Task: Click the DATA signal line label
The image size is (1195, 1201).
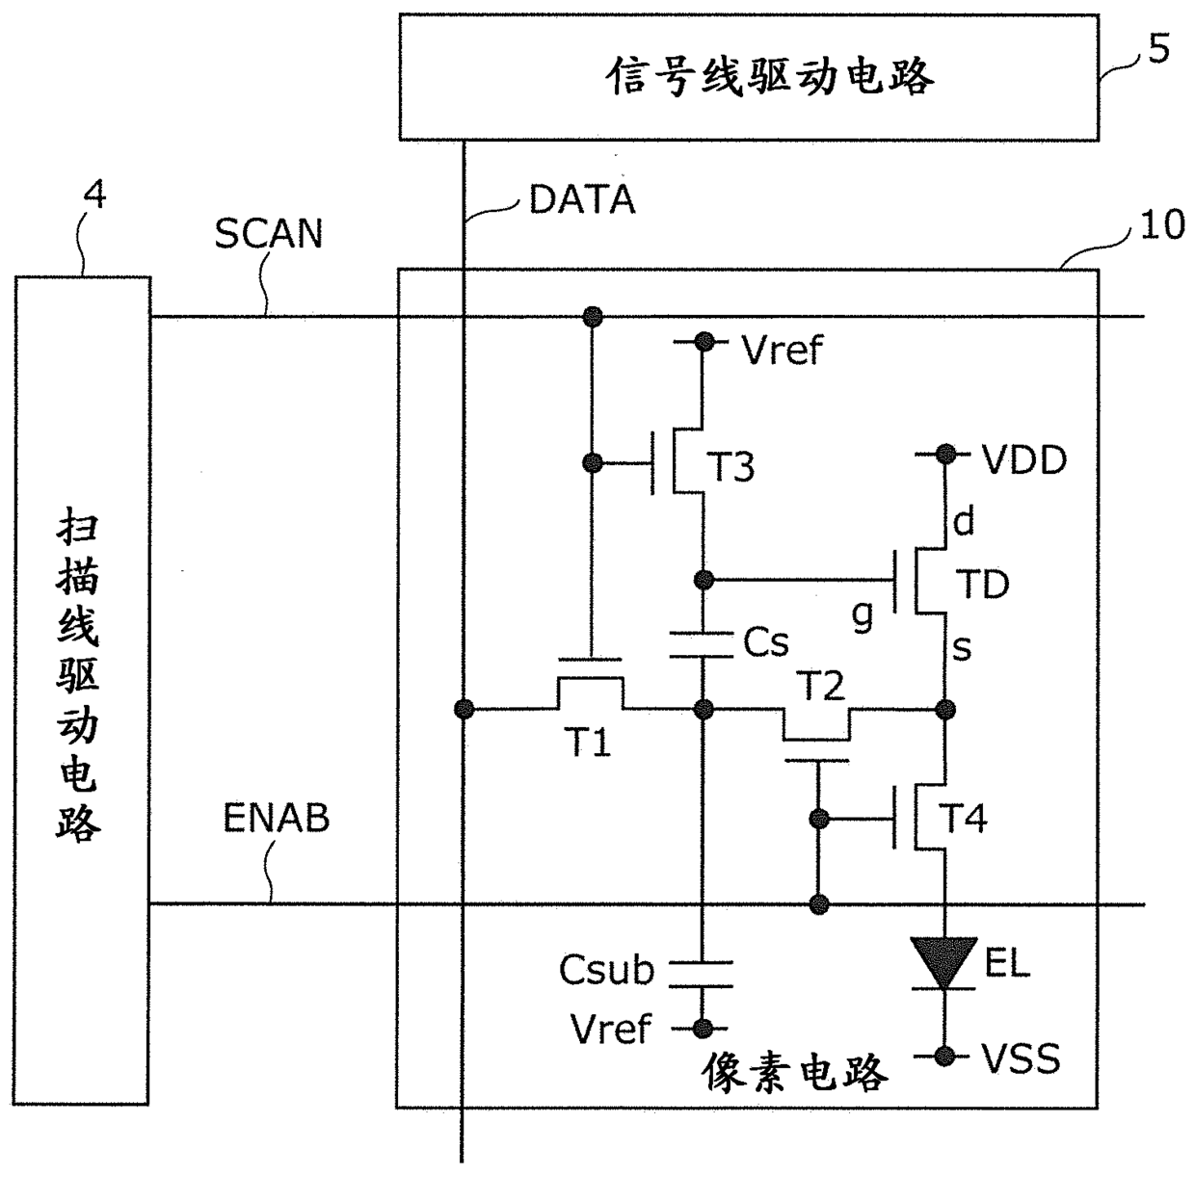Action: click(582, 199)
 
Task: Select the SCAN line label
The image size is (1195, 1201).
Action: click(268, 234)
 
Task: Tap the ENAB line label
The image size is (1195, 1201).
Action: click(277, 818)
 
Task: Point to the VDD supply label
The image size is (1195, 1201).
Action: click(1024, 460)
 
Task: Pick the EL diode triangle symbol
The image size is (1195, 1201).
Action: click(943, 963)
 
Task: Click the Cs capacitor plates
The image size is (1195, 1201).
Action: click(702, 645)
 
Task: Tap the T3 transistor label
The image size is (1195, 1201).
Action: click(730, 466)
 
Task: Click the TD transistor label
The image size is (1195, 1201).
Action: click(983, 585)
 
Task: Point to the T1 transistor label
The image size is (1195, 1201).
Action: click(588, 743)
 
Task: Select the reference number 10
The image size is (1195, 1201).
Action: click(1162, 224)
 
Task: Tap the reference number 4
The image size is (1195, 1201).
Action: click(94, 195)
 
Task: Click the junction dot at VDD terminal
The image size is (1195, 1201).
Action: click(945, 454)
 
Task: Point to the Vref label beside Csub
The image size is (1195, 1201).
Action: click(611, 1029)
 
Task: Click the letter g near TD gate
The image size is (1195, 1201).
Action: click(863, 617)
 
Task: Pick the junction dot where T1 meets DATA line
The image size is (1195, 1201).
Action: click(465, 709)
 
